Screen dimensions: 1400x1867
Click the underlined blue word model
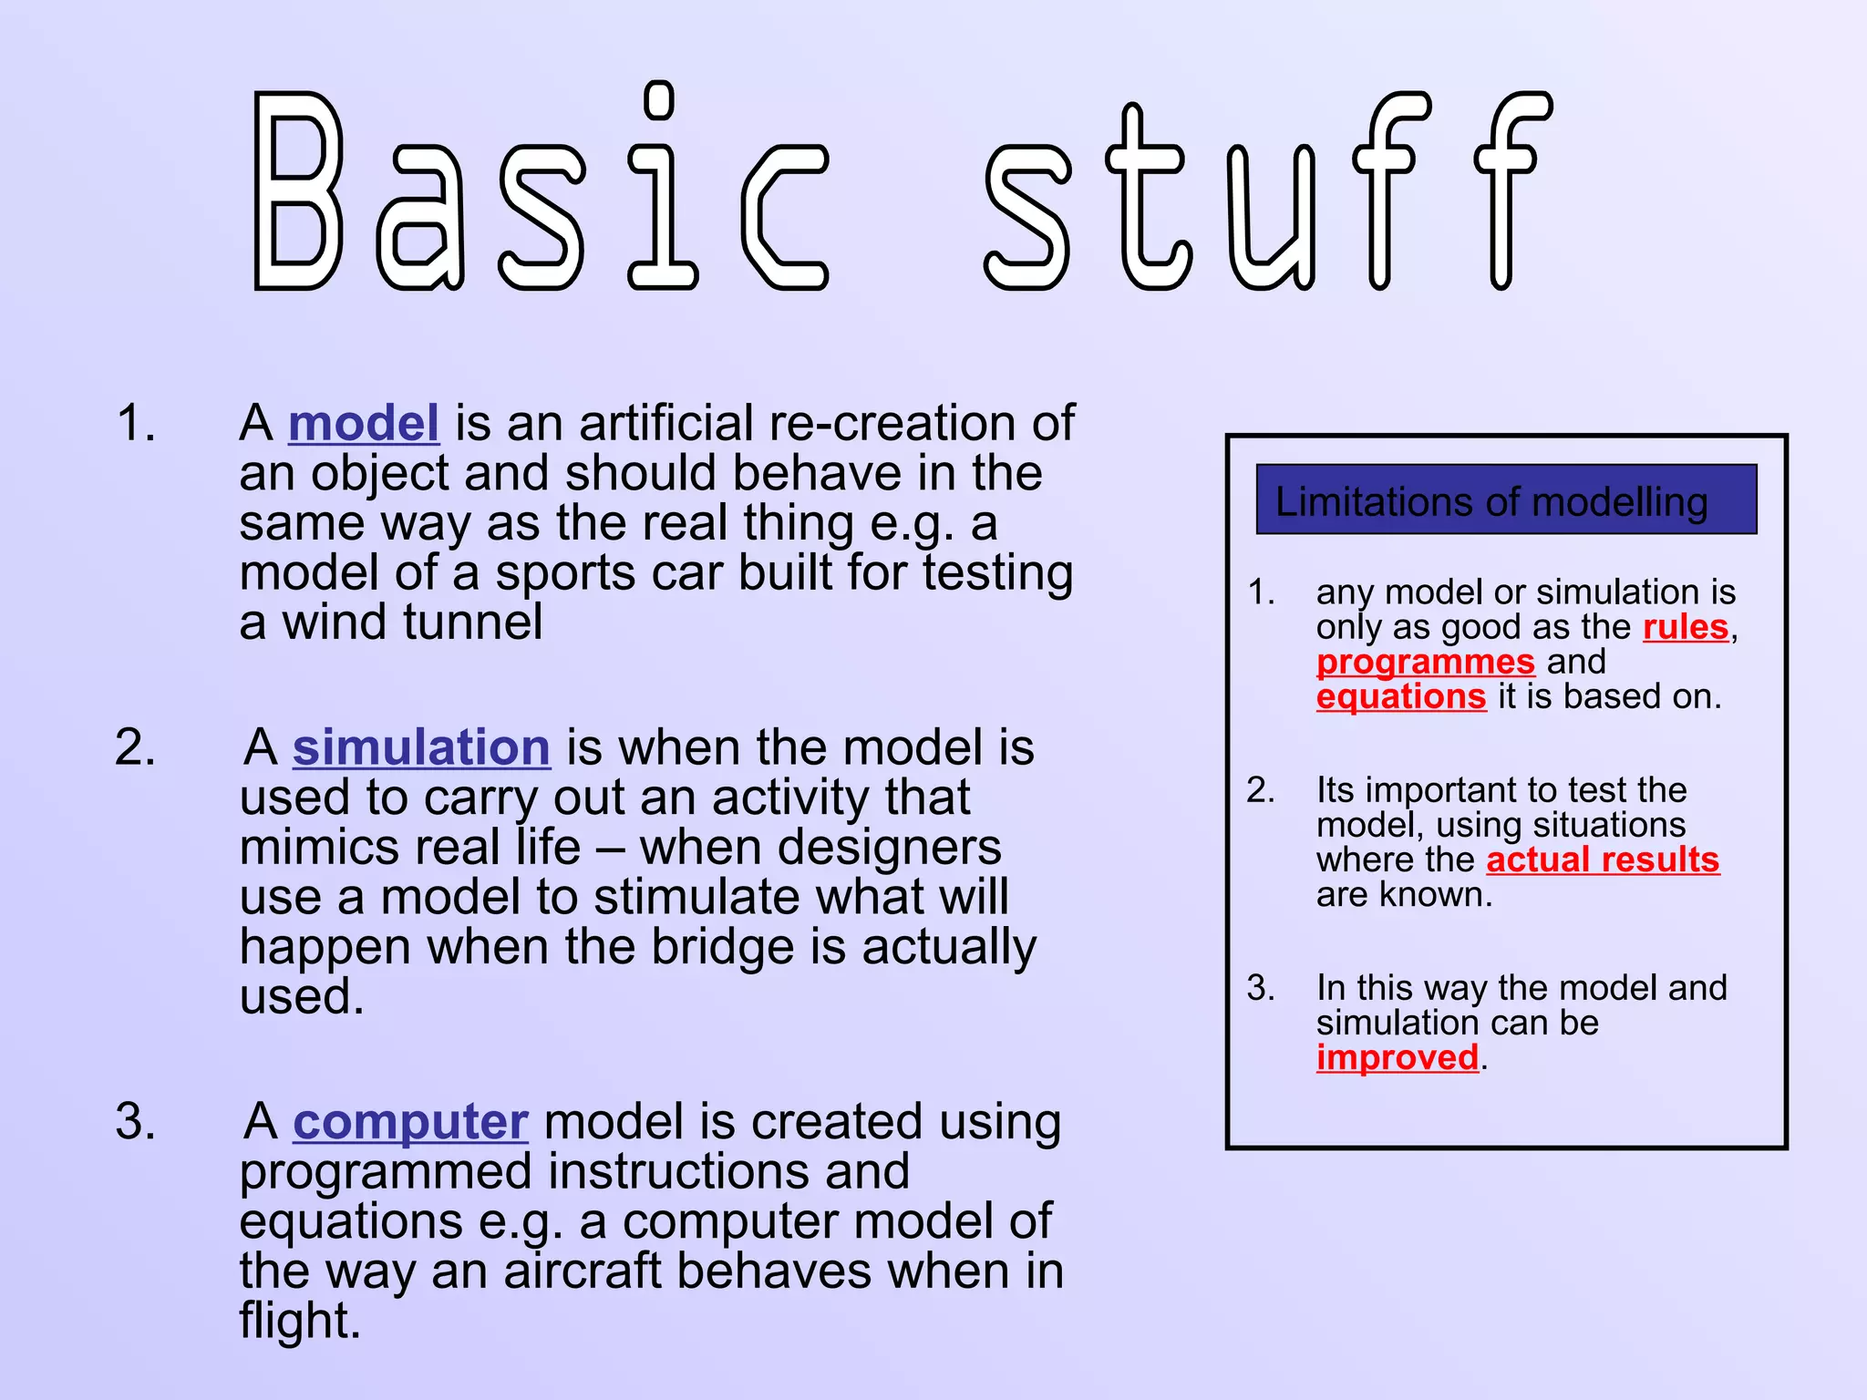pyautogui.click(x=364, y=424)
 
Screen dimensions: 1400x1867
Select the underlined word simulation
pyautogui.click(x=421, y=748)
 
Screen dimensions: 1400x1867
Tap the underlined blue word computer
pyautogui.click(x=410, y=1122)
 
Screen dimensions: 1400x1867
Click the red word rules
pyautogui.click(x=1686, y=628)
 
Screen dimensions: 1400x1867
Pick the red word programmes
pyautogui.click(x=1426, y=663)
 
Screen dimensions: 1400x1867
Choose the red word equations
pyautogui.click(x=1401, y=697)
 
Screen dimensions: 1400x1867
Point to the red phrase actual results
pyautogui.click(x=1603, y=860)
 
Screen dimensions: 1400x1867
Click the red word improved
pyautogui.click(x=1398, y=1058)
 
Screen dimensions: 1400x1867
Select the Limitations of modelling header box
pyautogui.click(x=1506, y=499)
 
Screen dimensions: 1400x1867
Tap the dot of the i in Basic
pyautogui.click(x=659, y=100)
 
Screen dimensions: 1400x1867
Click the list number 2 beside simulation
pyautogui.click(x=135, y=748)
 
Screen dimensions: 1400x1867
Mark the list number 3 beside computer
pyautogui.click(x=135, y=1122)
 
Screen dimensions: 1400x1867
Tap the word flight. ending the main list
pyautogui.click(x=300, y=1322)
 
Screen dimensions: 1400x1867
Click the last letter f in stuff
pyautogui.click(x=1509, y=191)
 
